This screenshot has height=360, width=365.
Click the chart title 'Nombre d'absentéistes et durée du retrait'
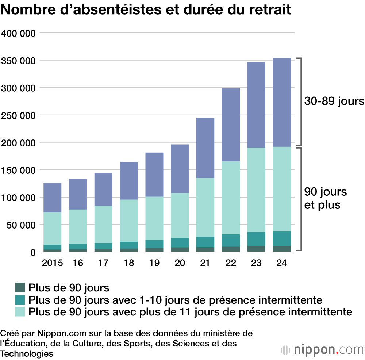coord(146,10)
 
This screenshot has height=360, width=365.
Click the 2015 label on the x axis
coord(52,263)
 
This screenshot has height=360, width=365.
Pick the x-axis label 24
coord(282,263)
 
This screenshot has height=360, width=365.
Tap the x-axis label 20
coord(180,263)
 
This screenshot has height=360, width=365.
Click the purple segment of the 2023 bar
coord(256,105)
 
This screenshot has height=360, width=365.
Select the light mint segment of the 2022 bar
coord(231,198)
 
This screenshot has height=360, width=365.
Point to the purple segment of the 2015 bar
coord(53,198)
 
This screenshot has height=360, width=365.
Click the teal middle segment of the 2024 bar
coord(282,238)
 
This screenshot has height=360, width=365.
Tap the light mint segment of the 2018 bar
coord(129,221)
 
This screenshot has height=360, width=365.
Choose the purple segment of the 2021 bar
coord(205,148)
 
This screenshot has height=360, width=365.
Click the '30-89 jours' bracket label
coord(334,101)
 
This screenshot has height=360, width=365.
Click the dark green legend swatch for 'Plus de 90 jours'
coord(20,288)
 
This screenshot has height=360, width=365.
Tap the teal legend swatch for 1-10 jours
coord(20,300)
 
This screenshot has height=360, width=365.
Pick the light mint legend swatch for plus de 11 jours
coord(20,312)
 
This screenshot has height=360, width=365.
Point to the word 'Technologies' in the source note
coord(27,354)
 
